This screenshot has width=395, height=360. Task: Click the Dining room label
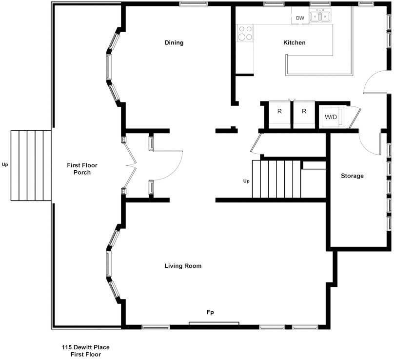(x=174, y=42)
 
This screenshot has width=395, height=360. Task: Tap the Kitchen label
(x=294, y=42)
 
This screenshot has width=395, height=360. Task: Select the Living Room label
(x=183, y=266)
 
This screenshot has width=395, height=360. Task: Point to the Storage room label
(x=352, y=176)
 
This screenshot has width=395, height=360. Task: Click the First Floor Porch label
(x=82, y=169)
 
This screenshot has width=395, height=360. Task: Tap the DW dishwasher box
(x=300, y=15)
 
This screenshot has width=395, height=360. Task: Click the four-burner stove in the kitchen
(x=245, y=33)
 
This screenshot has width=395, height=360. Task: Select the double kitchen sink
(x=320, y=17)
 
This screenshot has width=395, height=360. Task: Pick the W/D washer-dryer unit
(x=331, y=117)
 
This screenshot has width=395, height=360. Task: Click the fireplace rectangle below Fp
(x=214, y=323)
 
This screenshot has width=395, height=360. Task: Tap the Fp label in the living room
(x=210, y=312)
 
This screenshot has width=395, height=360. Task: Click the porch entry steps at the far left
(x=31, y=165)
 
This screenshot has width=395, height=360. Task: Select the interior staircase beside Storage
(x=276, y=179)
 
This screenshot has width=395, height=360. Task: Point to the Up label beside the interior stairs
(x=246, y=181)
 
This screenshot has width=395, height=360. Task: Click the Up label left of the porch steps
(x=5, y=165)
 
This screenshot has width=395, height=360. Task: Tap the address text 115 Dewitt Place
(x=86, y=347)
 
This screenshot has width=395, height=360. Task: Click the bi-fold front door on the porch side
(x=131, y=165)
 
